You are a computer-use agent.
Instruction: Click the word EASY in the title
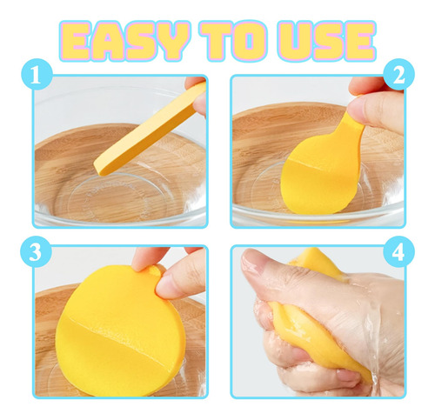(124, 41)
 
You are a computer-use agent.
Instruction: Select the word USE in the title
(326, 41)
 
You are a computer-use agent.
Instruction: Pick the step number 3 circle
(36, 251)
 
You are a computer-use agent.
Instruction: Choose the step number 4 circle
(399, 251)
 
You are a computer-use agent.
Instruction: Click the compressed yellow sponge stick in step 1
(151, 130)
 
